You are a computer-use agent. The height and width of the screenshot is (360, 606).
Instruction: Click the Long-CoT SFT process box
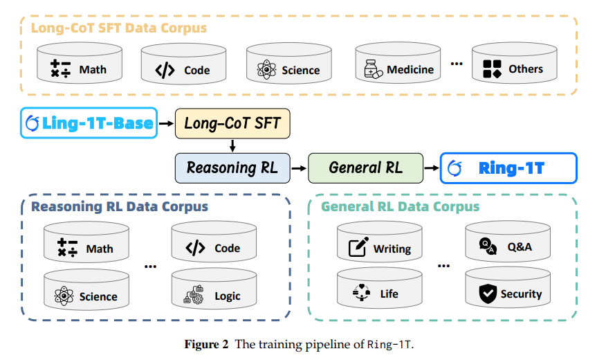[x=232, y=124]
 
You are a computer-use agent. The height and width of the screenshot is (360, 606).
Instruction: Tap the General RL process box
[x=365, y=168]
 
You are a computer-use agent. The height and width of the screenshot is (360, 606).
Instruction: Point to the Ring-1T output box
[x=508, y=168]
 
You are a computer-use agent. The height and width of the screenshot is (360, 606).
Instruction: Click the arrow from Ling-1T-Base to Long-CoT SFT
[x=167, y=124]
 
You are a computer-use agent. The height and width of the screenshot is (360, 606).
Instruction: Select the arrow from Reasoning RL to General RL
[x=298, y=168]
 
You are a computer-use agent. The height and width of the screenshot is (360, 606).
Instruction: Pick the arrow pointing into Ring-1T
[x=431, y=168]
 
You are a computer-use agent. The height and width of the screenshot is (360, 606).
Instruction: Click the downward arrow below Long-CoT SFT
[x=232, y=145]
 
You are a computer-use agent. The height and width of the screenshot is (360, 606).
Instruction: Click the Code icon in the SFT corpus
[x=165, y=70]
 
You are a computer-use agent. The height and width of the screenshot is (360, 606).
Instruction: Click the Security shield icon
[x=488, y=294]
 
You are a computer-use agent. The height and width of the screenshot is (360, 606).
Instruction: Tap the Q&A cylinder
[x=508, y=246]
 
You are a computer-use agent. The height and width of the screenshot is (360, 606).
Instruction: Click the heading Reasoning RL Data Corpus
[x=119, y=206]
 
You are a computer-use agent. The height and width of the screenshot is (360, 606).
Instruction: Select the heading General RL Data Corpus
[x=400, y=206]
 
